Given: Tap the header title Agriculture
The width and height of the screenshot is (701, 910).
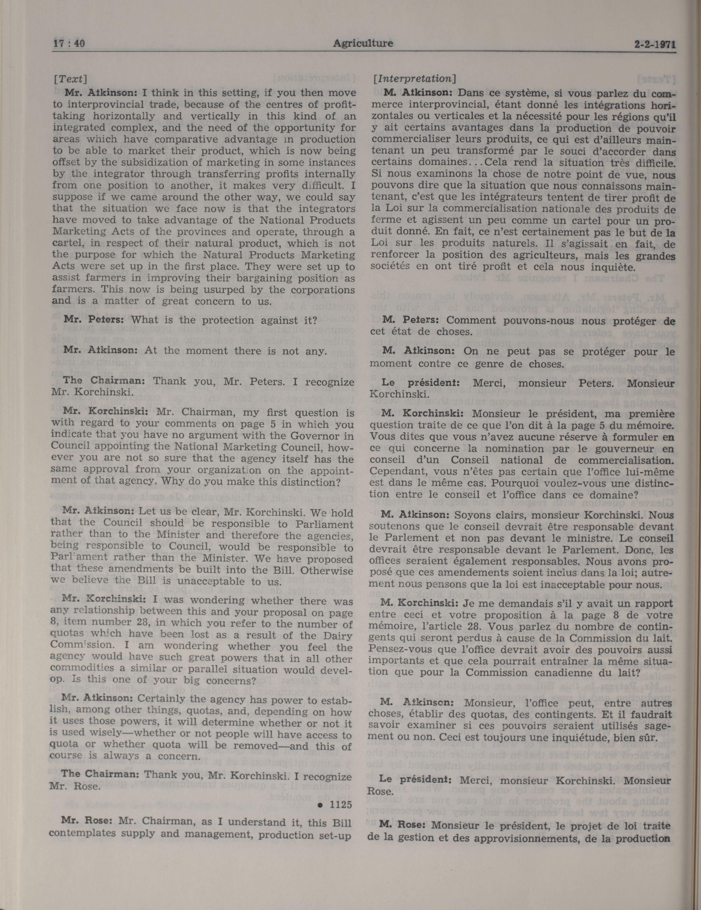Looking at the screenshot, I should (x=363, y=43).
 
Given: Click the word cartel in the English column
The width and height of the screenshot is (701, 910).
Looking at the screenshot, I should (x=66, y=243).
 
